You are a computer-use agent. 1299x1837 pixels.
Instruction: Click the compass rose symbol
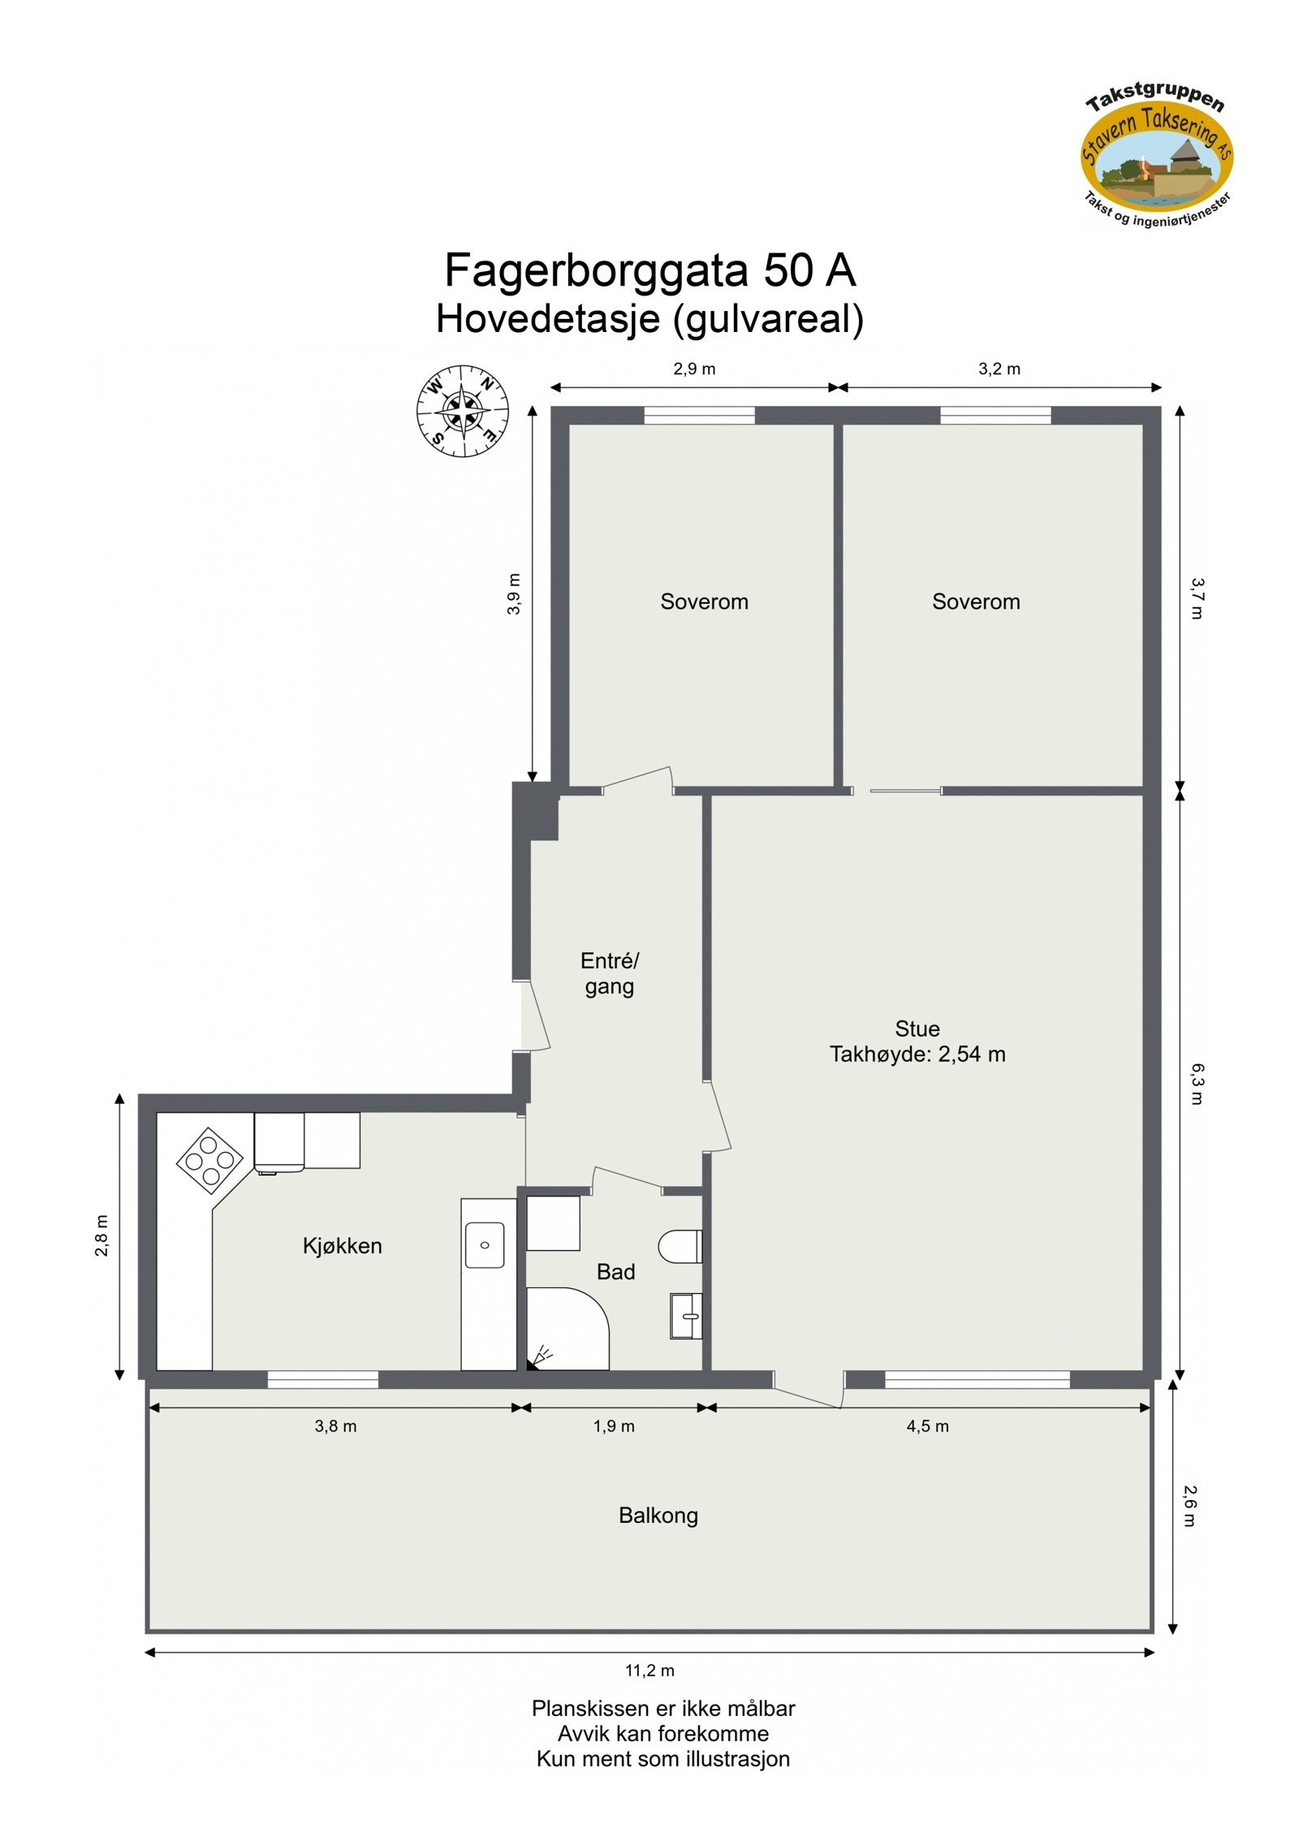(462, 411)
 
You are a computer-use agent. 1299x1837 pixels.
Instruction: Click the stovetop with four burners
(209, 1160)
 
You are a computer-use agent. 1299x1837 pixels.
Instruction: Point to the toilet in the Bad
(680, 1246)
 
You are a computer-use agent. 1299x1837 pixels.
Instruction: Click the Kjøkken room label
(342, 1246)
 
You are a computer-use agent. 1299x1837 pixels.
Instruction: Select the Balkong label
(658, 1516)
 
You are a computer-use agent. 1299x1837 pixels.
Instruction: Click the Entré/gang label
(609, 973)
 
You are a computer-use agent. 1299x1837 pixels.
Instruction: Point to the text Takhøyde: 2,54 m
(917, 1054)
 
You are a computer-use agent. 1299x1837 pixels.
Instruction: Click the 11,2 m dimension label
(649, 1671)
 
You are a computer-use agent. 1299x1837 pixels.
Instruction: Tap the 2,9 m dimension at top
(694, 369)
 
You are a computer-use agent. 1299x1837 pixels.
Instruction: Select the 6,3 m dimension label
(1197, 1084)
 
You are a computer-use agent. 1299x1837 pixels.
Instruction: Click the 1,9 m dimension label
(614, 1426)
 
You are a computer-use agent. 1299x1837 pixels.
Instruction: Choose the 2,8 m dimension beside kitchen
(101, 1235)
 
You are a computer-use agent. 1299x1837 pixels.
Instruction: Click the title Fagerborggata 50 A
(649, 270)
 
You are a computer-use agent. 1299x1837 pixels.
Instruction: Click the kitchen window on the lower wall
(322, 1379)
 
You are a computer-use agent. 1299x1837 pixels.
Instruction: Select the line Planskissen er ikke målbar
(662, 1708)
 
